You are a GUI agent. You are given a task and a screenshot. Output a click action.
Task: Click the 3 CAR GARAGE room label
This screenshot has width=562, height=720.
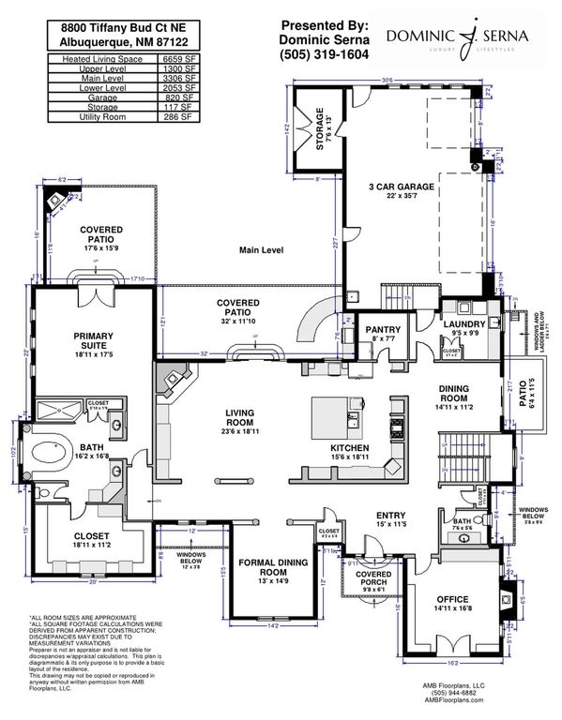point(401,187)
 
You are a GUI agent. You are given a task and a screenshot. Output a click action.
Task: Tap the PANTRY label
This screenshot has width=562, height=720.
point(384,329)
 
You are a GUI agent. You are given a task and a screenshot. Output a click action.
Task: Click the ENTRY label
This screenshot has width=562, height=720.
point(390,515)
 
